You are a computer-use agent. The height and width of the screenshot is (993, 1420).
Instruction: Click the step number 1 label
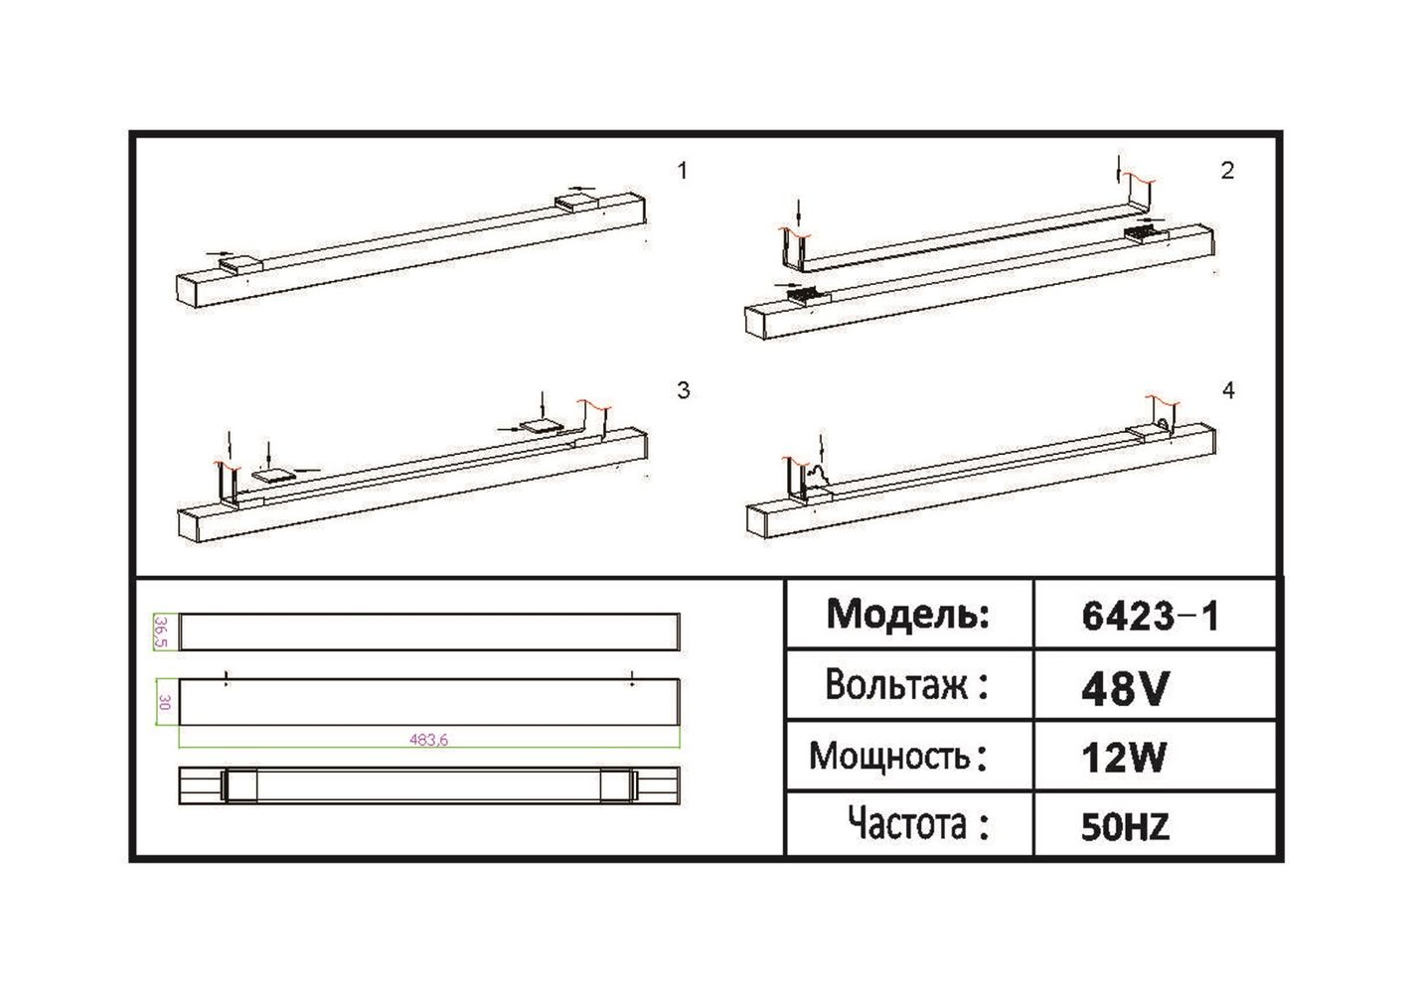(682, 171)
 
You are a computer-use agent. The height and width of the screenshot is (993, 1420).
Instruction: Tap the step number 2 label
(1227, 171)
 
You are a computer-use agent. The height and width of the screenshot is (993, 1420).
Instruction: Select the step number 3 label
(683, 390)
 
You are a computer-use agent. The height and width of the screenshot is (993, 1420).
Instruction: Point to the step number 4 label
(1228, 390)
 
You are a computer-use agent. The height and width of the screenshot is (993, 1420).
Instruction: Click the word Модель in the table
(908, 615)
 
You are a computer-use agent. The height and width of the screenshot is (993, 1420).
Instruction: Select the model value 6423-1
(1150, 617)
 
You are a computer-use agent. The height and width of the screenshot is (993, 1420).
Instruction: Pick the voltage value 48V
(1123, 689)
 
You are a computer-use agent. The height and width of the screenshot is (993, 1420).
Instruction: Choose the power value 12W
(1123, 757)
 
